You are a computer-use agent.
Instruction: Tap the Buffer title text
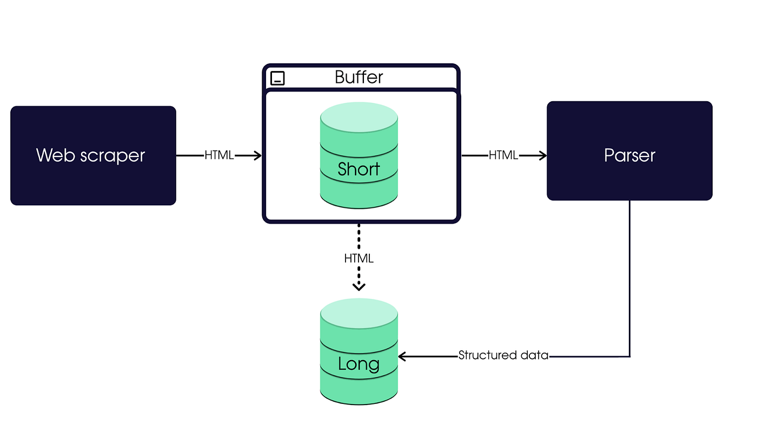point(358,77)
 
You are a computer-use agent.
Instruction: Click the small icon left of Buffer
point(277,78)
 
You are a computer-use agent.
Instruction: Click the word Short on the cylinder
point(358,169)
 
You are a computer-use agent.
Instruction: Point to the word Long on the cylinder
point(358,363)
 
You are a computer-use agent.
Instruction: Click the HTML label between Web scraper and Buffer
point(219,155)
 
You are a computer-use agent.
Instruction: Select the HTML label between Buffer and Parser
point(503,155)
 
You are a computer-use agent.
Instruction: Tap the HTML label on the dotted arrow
point(358,258)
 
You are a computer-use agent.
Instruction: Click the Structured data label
point(503,355)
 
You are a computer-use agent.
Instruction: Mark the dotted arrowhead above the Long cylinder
point(359,286)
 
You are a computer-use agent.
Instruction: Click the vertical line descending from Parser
point(630,276)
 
